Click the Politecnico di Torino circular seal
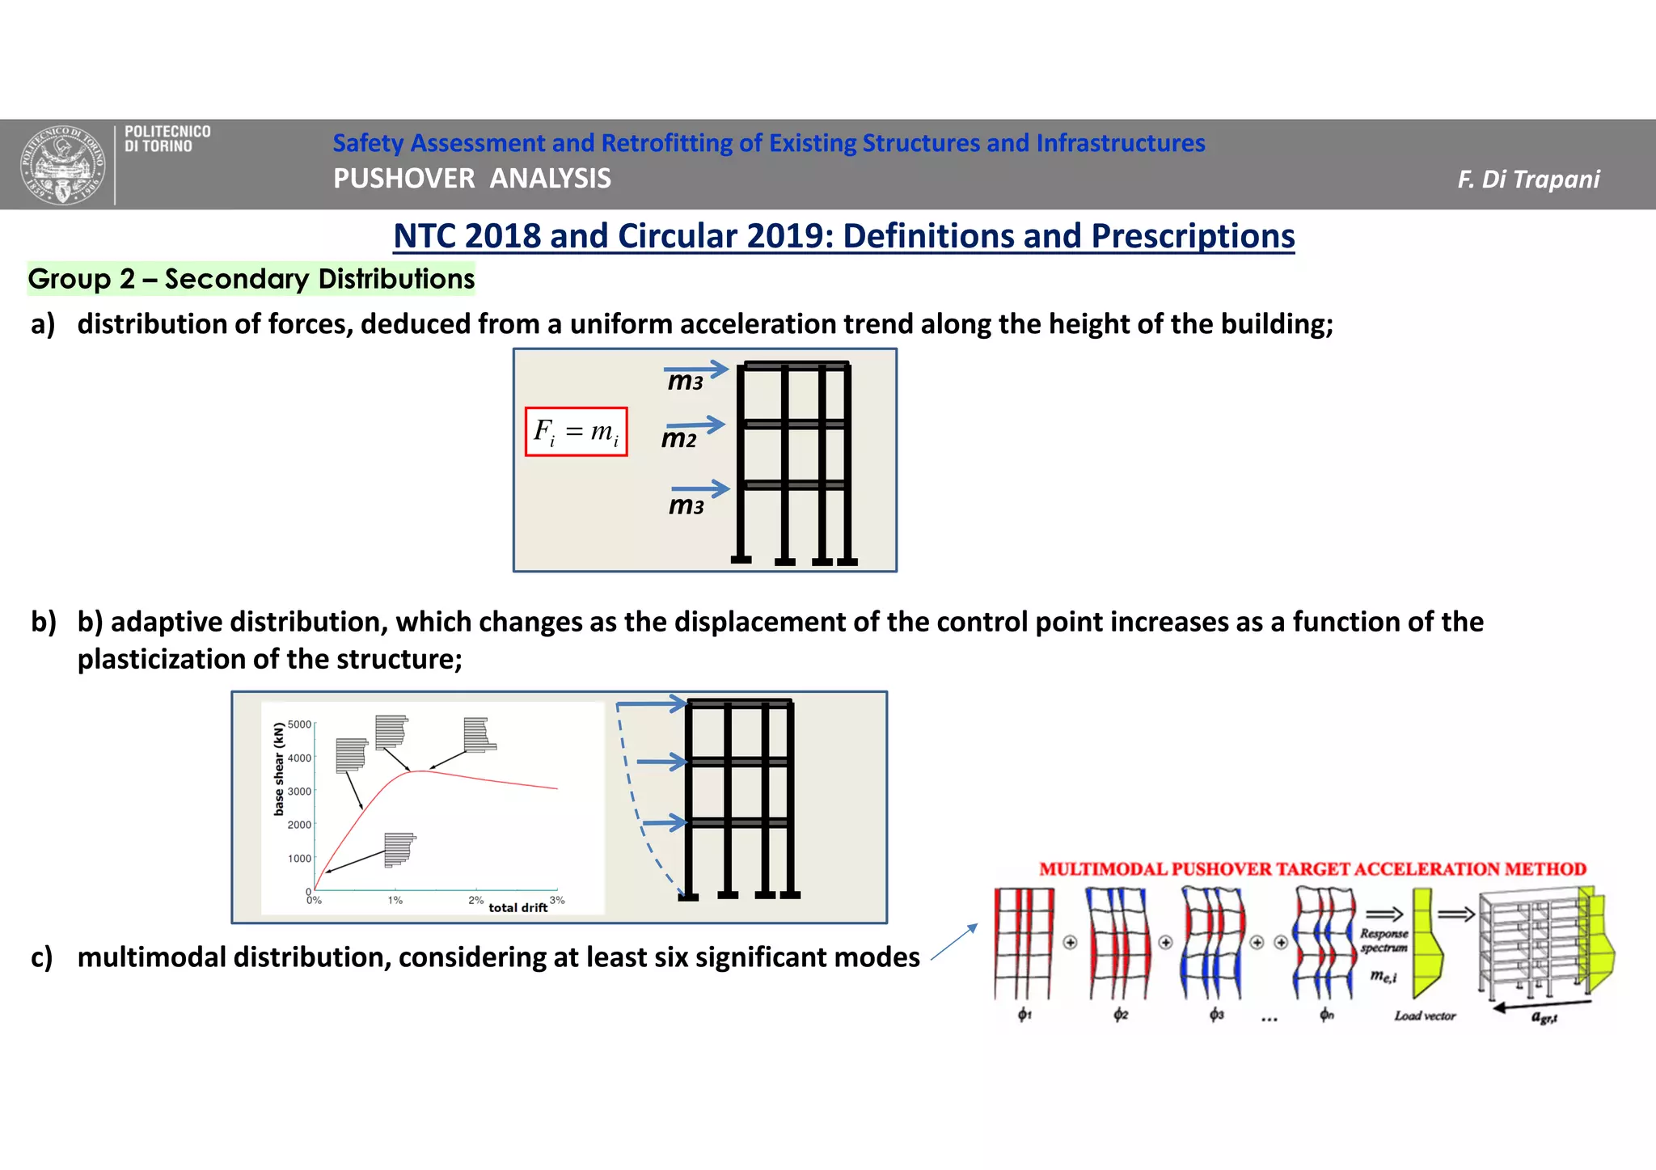(62, 165)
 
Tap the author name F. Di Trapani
(1527, 180)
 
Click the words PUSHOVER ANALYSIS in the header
(472, 179)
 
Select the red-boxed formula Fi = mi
(576, 432)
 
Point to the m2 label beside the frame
(678, 439)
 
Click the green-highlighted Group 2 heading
(251, 279)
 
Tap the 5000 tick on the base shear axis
(299, 724)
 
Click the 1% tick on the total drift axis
(395, 900)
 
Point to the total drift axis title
(517, 908)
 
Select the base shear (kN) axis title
(279, 769)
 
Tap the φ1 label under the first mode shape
(1024, 1014)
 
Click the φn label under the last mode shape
(1326, 1014)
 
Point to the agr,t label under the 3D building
(1544, 1017)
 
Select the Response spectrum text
(1384, 940)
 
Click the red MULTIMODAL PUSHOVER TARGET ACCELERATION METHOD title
(1312, 869)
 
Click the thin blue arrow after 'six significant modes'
(954, 942)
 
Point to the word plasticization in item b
(161, 659)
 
